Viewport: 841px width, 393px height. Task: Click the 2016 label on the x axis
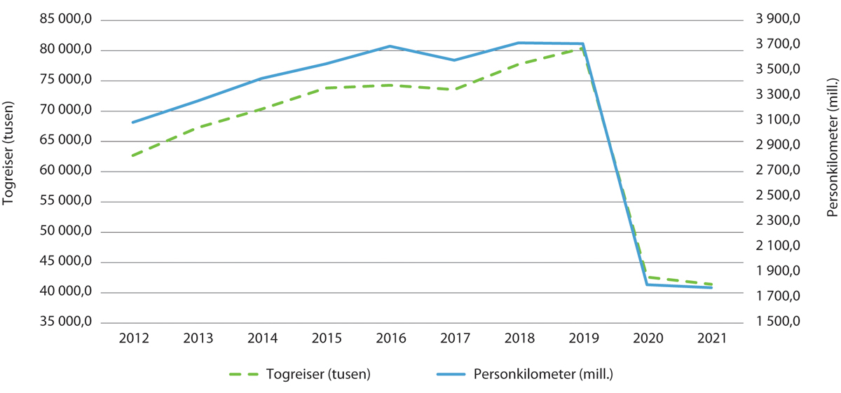pos(390,338)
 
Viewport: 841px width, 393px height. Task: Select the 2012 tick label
pos(133,338)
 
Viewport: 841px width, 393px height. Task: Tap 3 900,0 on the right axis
pos(777,20)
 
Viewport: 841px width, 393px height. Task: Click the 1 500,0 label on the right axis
pos(777,323)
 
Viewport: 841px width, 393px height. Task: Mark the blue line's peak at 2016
pos(390,46)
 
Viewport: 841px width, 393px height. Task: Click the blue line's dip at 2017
pos(454,60)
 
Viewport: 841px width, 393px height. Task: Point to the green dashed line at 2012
pos(133,156)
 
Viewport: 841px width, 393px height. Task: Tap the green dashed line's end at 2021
pos(711,284)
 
